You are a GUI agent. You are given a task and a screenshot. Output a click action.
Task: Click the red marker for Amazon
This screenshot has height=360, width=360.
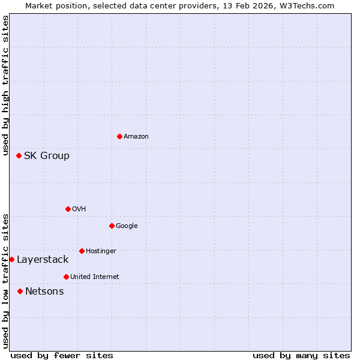coord(119,136)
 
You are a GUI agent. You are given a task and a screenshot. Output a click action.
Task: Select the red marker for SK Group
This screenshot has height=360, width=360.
coord(19,155)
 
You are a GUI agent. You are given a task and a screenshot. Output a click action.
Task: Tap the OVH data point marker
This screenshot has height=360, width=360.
coord(68,209)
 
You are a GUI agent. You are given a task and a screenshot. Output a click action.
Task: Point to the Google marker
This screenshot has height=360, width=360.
coord(112,226)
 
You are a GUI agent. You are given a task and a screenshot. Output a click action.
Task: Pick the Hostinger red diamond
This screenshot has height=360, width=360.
coord(82,251)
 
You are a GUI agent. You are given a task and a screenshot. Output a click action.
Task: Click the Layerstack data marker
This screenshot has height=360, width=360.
coord(11,259)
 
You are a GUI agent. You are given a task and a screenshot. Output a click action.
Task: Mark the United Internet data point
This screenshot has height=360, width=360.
coord(66,277)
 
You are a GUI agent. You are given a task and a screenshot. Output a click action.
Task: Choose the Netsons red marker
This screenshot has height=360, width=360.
coord(20,291)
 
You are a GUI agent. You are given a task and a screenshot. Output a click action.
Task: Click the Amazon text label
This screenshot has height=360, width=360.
coord(136,137)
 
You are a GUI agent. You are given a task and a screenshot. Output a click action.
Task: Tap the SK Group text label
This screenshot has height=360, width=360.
coord(47,156)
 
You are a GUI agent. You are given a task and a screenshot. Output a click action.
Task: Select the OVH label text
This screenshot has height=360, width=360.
coord(79,209)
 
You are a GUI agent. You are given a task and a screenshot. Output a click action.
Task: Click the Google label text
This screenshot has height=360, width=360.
coord(127,226)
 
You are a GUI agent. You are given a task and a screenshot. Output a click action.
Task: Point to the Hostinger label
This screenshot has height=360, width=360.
coord(101,251)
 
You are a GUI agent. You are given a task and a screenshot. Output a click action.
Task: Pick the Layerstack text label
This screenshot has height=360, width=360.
coord(43,260)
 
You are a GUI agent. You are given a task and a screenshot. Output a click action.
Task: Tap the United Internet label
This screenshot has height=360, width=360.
coord(95,277)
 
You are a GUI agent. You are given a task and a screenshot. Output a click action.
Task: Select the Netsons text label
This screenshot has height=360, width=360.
coord(44,292)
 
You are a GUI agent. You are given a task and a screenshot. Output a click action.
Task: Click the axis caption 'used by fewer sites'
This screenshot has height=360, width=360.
coord(62,355)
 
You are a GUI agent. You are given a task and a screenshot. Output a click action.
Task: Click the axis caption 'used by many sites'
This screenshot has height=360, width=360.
coord(301,355)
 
